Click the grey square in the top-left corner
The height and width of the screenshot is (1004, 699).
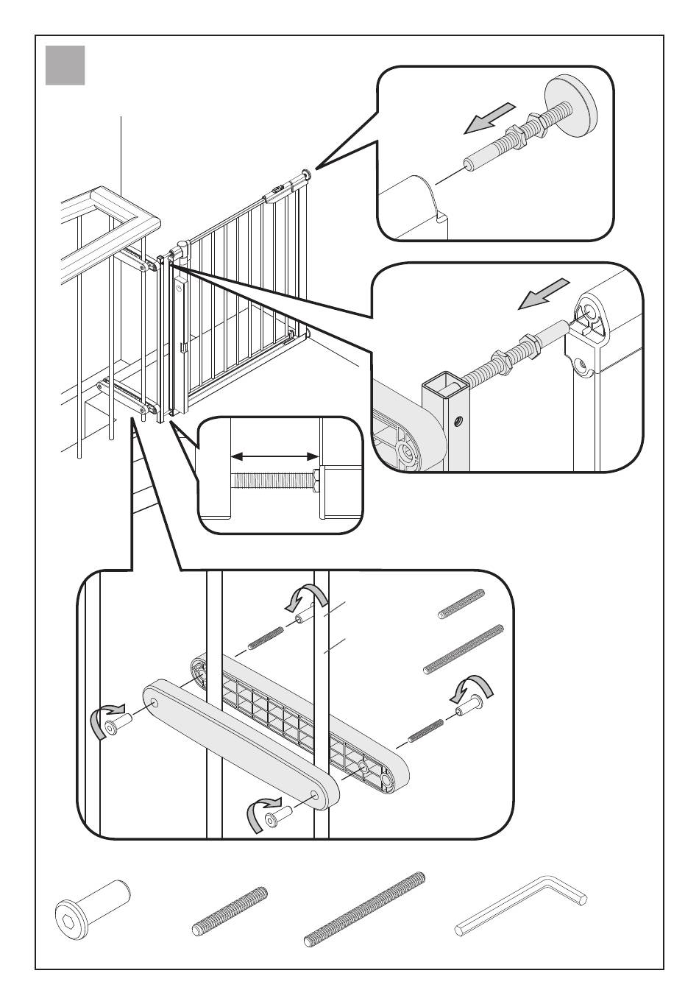click(65, 65)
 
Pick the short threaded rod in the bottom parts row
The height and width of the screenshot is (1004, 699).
click(230, 911)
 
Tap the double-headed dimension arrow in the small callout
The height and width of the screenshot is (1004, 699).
click(275, 457)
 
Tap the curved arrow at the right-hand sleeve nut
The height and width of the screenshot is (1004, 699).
click(469, 687)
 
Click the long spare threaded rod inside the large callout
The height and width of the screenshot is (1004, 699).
click(464, 648)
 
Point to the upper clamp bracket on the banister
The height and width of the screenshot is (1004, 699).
click(139, 260)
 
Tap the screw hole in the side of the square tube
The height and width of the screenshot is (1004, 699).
click(459, 422)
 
